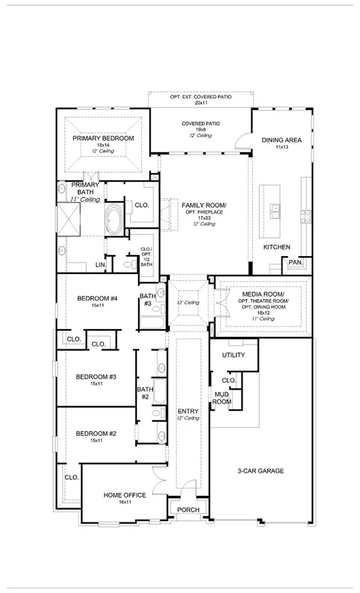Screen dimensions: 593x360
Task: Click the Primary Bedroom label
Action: pyautogui.click(x=103, y=138)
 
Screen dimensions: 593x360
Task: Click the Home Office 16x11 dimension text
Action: pyautogui.click(x=125, y=502)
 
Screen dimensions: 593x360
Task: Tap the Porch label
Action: pyautogui.click(x=188, y=510)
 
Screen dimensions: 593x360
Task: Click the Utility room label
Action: pyautogui.click(x=233, y=355)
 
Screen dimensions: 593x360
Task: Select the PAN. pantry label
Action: pyautogui.click(x=296, y=262)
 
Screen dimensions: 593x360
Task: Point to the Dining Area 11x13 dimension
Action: pyautogui.click(x=281, y=147)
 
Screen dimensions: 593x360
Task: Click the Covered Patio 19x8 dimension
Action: pyautogui.click(x=201, y=130)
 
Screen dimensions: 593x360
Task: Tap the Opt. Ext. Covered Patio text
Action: pyautogui.click(x=201, y=97)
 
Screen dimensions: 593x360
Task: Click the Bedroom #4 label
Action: pyautogui.click(x=97, y=298)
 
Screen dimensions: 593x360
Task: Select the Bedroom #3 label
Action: pyautogui.click(x=96, y=377)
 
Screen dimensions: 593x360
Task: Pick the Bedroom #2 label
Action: pyautogui.click(x=96, y=433)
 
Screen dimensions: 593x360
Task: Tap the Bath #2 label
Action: pyautogui.click(x=145, y=393)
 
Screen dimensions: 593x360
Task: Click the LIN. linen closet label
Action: pyautogui.click(x=101, y=265)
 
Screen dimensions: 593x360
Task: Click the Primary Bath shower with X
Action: pyautogui.click(x=68, y=219)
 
